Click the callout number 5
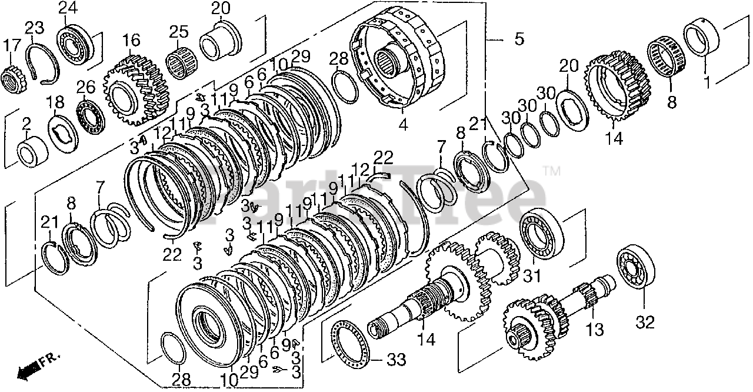(518, 40)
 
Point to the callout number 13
(595, 329)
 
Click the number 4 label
(402, 124)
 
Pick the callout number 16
(132, 41)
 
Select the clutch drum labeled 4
(400, 62)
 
